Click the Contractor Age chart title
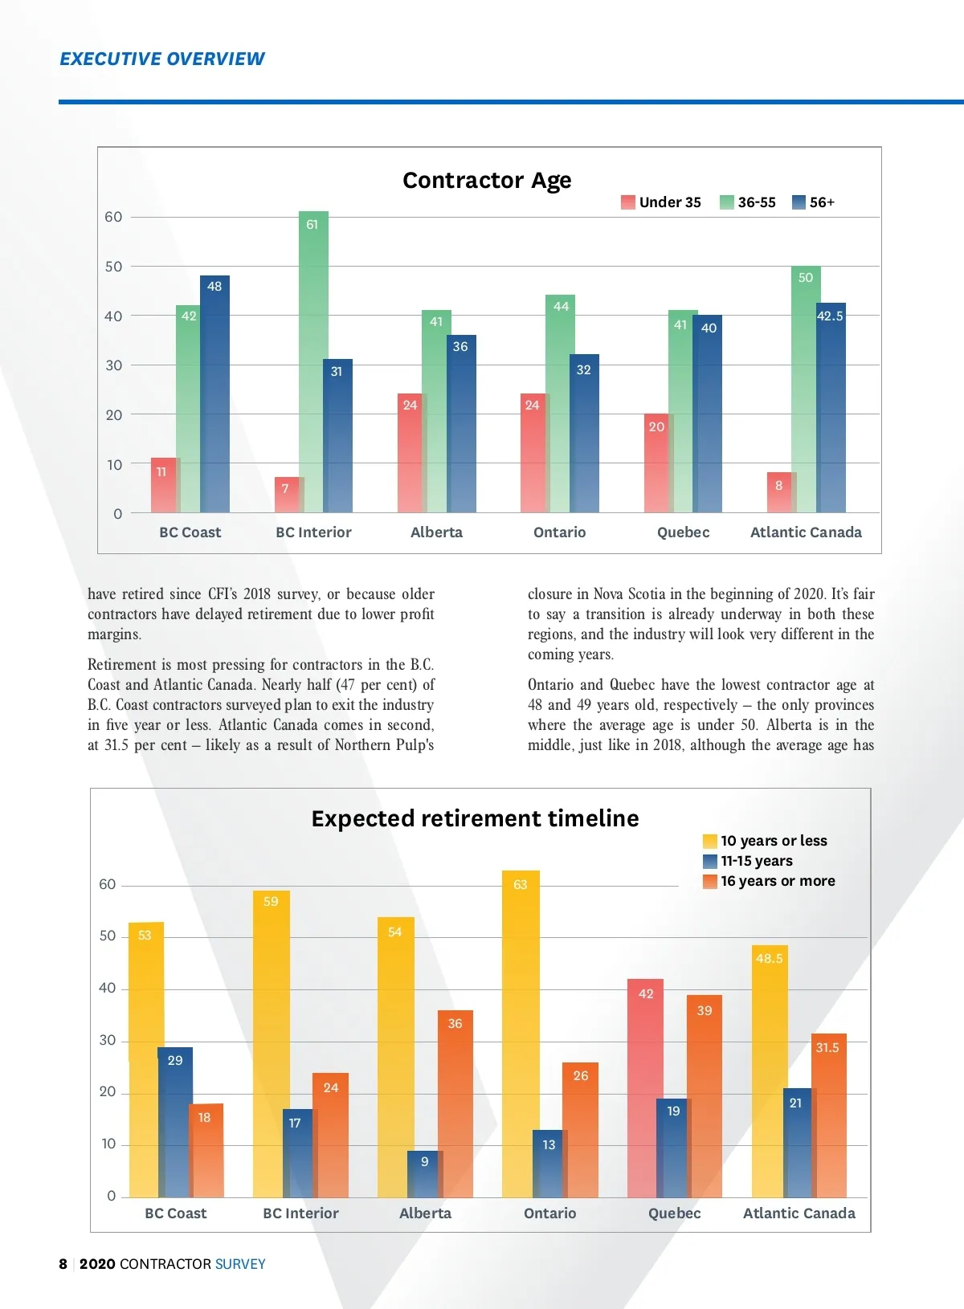[487, 180]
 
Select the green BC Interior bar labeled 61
[313, 361]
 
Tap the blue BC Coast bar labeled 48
[214, 394]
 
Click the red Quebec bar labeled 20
[656, 463]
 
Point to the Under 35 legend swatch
[627, 202]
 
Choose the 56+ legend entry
[813, 202]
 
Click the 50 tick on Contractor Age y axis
[113, 267]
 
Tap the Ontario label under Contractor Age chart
[560, 532]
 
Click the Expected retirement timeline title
[475, 818]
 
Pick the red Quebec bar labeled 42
[645, 1088]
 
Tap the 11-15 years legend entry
[748, 861]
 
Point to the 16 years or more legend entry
[769, 881]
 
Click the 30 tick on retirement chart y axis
[108, 1041]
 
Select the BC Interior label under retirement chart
[300, 1213]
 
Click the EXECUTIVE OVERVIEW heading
[162, 59]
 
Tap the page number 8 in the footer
[63, 1264]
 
